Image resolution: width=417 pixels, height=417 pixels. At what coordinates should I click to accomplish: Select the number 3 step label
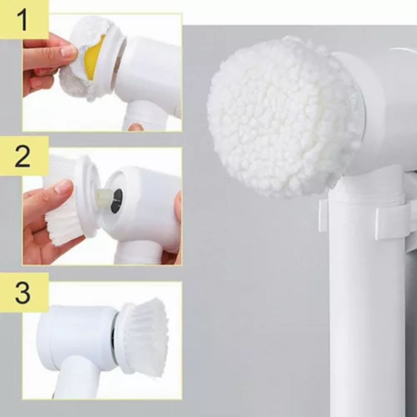[23, 292]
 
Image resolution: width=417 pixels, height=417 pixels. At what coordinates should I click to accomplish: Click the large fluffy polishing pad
[283, 117]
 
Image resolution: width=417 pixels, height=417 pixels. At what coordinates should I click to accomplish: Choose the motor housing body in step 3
[77, 338]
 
